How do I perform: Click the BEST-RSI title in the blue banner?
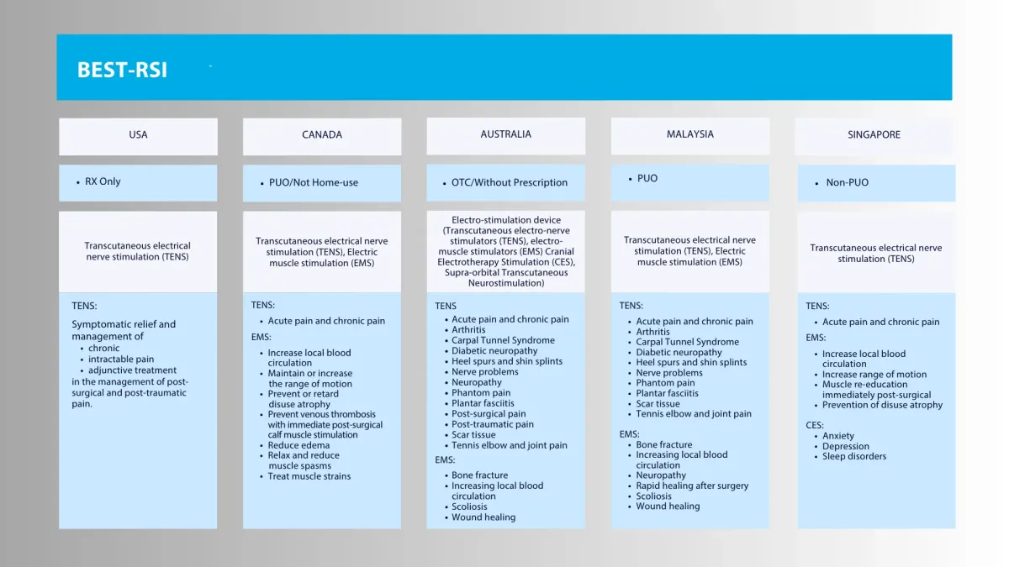[x=122, y=70]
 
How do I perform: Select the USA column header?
[x=138, y=134]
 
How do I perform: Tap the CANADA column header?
[x=322, y=134]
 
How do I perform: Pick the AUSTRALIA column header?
[x=505, y=134]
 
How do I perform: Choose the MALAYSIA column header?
[x=689, y=134]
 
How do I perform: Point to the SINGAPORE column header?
[x=874, y=134]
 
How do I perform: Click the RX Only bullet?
[x=103, y=181]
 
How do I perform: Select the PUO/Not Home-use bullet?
[x=313, y=182]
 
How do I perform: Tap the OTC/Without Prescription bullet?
[x=510, y=182]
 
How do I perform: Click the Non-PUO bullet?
[x=847, y=182]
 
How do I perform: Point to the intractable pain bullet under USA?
[x=121, y=360]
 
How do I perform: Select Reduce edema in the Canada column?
[x=298, y=445]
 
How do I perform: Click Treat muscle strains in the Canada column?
[x=309, y=476]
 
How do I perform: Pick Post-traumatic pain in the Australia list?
[x=493, y=424]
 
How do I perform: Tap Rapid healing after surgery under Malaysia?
[x=692, y=486]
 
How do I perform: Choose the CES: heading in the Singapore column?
[x=815, y=425]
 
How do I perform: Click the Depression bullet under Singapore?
[x=846, y=446]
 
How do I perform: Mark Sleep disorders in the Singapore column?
[x=854, y=456]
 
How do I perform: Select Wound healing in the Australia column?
[x=483, y=517]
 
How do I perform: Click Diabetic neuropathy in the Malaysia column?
[x=679, y=352]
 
